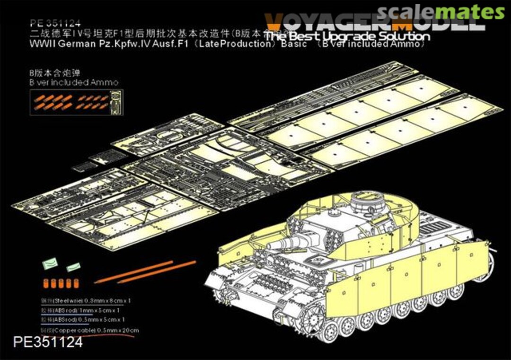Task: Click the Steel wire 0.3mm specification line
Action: coord(86,300)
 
